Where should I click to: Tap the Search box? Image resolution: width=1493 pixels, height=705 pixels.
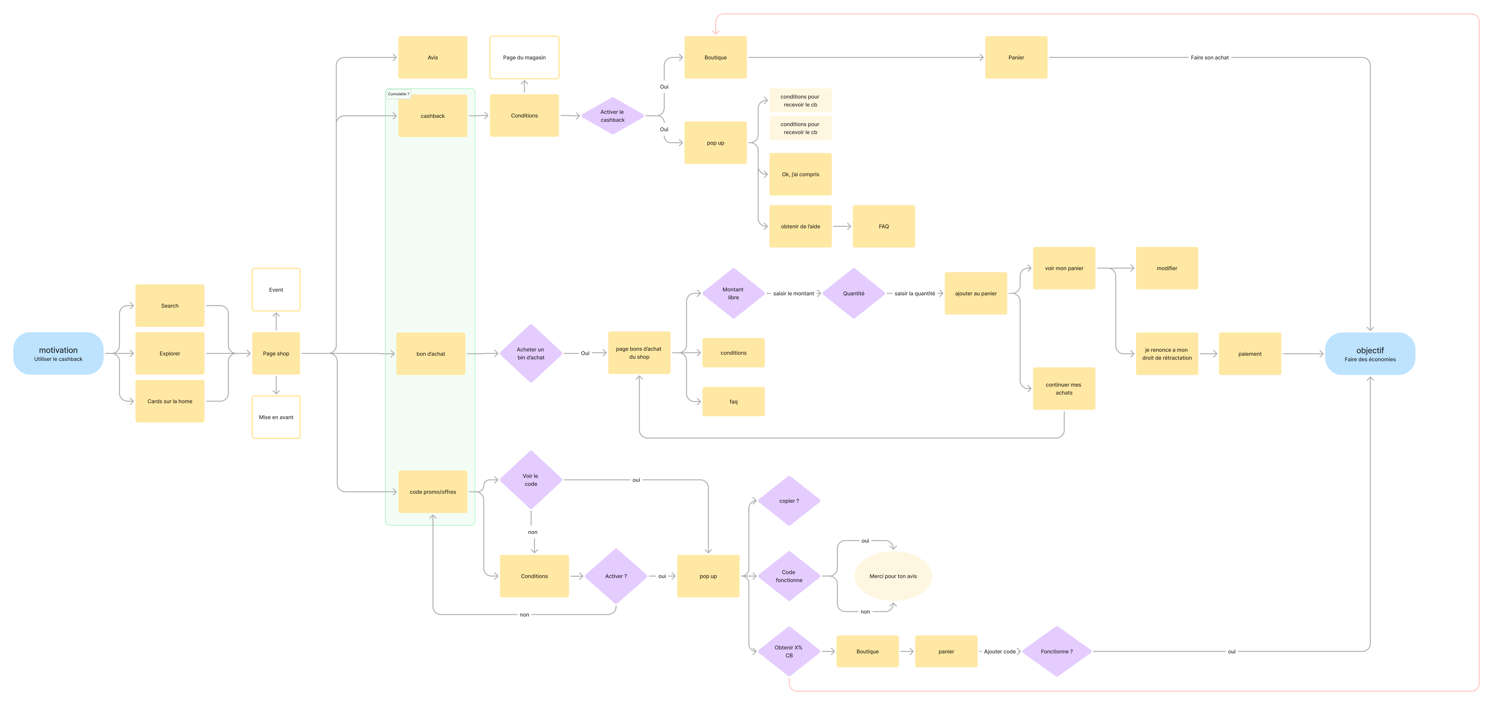coord(170,305)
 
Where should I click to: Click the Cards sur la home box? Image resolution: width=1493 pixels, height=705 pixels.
coord(170,401)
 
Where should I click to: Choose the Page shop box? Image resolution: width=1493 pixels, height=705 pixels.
coord(276,353)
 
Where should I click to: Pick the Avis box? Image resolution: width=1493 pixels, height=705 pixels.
coord(432,57)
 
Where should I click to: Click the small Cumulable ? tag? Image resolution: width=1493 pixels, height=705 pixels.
coord(398,94)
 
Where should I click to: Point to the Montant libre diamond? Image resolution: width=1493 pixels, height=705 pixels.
coord(733,293)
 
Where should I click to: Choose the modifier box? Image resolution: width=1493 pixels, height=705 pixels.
coord(1167,268)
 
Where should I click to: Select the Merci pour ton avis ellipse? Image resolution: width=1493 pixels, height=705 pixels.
coord(892,576)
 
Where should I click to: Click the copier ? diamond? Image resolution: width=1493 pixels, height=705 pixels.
coord(789,501)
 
